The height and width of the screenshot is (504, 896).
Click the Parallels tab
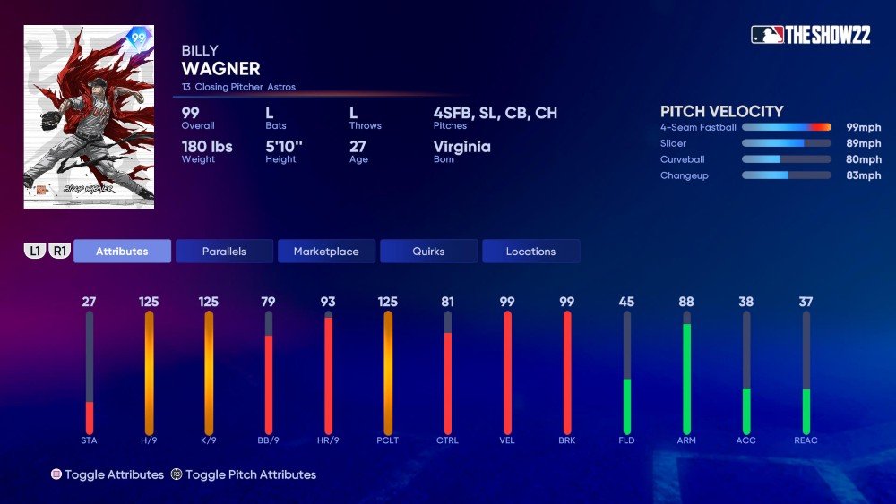(x=224, y=252)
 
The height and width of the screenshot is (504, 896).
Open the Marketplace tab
(x=326, y=252)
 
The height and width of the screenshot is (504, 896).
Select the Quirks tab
(x=428, y=252)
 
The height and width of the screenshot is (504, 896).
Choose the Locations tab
(x=530, y=252)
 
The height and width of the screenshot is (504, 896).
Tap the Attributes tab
(x=122, y=252)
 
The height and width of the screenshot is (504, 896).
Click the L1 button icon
(x=35, y=252)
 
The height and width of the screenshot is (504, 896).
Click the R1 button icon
(x=60, y=252)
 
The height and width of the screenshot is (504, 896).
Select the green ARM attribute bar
(x=686, y=376)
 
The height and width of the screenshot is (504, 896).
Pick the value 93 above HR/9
(x=328, y=302)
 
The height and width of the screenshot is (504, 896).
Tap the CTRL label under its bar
(x=447, y=440)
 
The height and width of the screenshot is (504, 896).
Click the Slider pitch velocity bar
(x=786, y=143)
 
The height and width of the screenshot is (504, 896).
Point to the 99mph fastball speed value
(x=864, y=127)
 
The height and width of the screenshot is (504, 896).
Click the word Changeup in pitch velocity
(x=685, y=175)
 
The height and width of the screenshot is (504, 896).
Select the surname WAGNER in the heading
(x=220, y=69)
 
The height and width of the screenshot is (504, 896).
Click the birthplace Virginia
(x=461, y=147)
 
